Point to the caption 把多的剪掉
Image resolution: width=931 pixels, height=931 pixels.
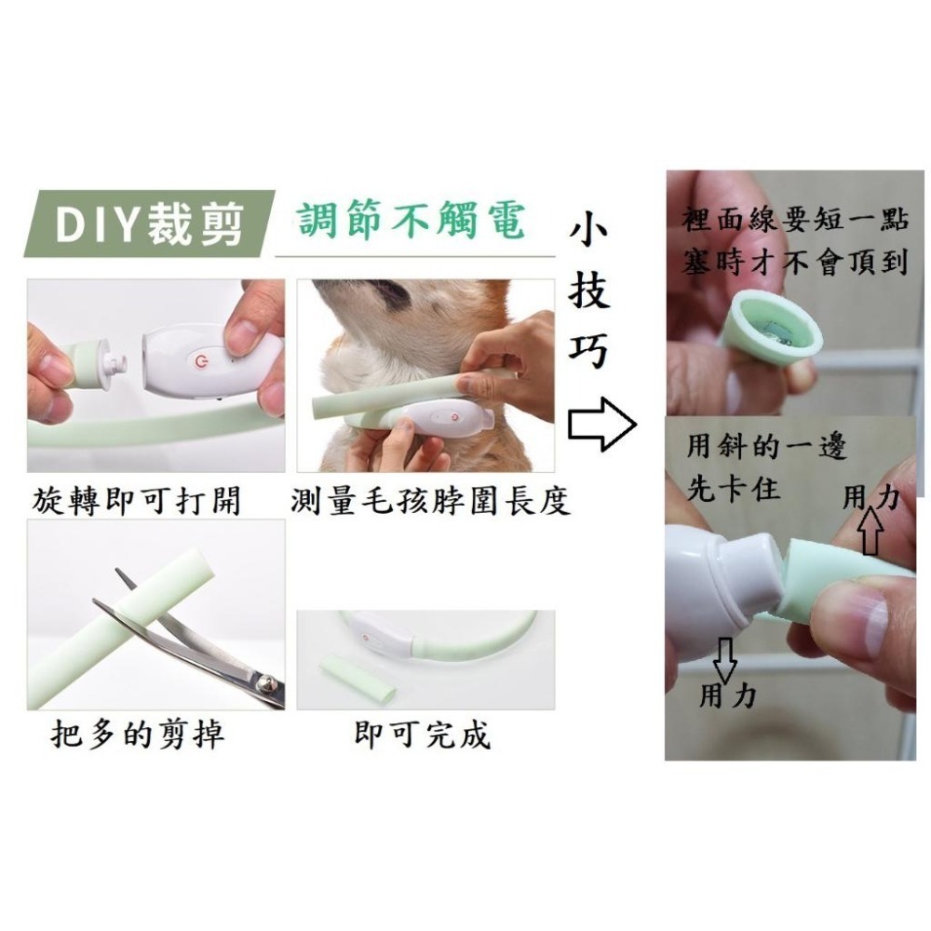[137, 735]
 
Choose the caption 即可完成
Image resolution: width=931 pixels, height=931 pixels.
[423, 735]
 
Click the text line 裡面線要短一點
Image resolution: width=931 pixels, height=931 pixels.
[793, 223]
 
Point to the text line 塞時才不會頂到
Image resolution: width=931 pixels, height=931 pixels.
[793, 264]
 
